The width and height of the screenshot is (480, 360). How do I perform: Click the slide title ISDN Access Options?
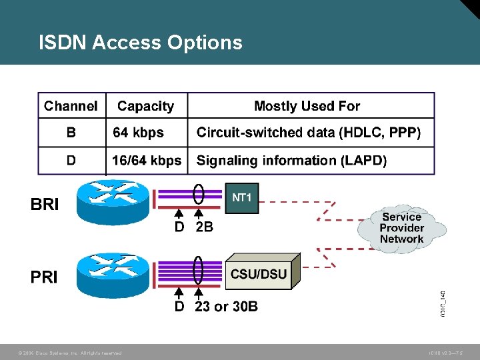[x=141, y=43]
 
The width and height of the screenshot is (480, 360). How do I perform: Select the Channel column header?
[x=71, y=106]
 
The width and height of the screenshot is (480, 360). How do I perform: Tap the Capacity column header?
[x=145, y=106]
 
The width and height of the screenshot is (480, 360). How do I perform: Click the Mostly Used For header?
[x=307, y=106]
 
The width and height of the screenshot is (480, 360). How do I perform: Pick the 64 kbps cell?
[x=138, y=133]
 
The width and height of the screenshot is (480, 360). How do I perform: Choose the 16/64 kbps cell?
[x=147, y=160]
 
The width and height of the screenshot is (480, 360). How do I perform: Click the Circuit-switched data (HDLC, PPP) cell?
[x=309, y=133]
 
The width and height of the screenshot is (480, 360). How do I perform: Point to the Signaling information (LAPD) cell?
[x=291, y=160]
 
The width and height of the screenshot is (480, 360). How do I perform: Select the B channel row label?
[x=71, y=133]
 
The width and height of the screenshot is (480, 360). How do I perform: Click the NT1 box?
[x=241, y=197]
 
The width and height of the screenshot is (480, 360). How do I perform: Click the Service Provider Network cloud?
[x=401, y=228]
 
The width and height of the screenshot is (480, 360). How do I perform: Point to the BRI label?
[x=45, y=205]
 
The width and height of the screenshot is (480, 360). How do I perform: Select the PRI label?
[x=44, y=277]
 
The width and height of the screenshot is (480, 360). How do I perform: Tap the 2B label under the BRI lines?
[x=204, y=227]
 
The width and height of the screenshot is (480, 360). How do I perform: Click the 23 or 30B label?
[x=226, y=307]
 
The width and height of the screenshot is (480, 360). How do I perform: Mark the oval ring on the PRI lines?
[x=198, y=271]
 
